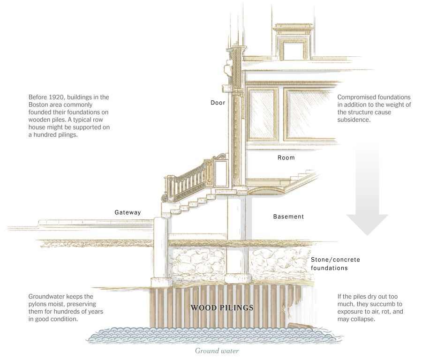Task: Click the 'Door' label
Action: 218,103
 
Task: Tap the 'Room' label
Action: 286,157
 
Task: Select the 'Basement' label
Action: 288,217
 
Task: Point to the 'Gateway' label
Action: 128,212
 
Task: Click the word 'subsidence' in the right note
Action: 353,120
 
